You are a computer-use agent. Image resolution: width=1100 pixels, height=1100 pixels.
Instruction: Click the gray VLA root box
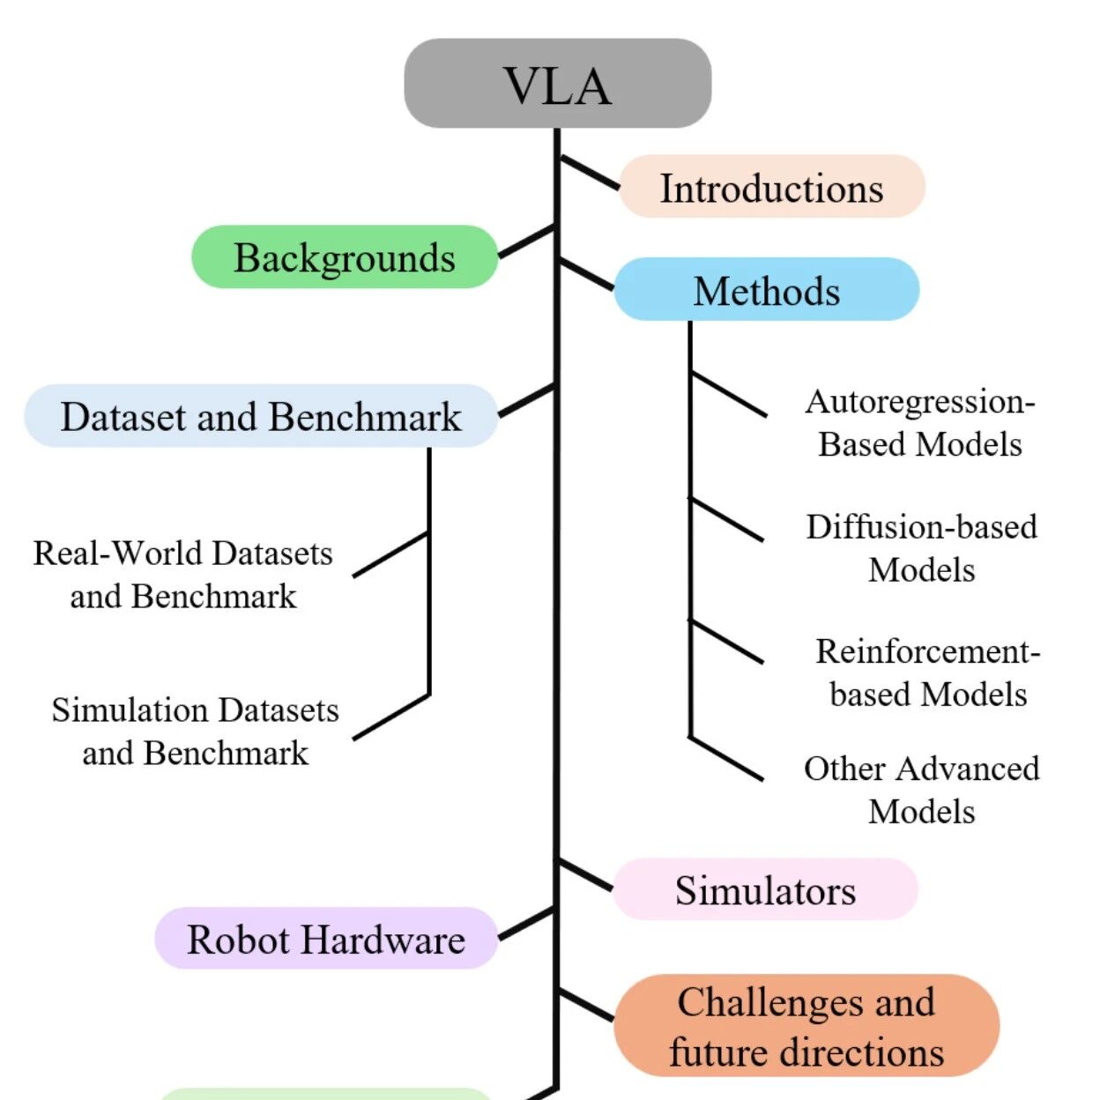coord(558,84)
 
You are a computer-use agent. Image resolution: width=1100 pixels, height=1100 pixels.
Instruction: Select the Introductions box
coord(772,186)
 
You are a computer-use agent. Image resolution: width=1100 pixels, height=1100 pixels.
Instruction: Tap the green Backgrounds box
coord(345,256)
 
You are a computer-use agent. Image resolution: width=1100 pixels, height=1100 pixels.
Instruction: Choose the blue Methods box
coord(767,289)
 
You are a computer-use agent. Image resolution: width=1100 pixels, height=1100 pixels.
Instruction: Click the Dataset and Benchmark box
coord(261,415)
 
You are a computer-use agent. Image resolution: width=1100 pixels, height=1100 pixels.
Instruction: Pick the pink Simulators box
coord(765,888)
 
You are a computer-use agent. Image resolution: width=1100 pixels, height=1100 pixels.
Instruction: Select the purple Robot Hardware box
coord(326,938)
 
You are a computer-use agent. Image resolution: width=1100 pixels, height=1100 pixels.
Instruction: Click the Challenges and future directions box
coord(806,1026)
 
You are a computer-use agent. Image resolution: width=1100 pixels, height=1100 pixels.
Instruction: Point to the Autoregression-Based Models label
coord(920,423)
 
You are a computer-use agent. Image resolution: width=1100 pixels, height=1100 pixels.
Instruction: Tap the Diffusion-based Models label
coord(922,548)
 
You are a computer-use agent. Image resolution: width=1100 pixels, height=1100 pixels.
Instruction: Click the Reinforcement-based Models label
coord(928,673)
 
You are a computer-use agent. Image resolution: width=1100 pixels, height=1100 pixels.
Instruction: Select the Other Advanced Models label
coord(922,791)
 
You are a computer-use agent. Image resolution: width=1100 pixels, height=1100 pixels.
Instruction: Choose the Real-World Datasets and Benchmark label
coord(182,575)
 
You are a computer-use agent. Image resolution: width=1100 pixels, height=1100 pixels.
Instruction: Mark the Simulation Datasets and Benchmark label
coord(195,732)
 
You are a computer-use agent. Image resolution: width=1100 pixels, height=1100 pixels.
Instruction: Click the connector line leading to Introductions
coord(591,172)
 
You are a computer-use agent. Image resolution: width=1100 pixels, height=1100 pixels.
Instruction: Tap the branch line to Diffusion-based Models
coord(726,519)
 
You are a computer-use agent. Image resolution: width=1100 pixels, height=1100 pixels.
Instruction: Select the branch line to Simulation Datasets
coord(391,717)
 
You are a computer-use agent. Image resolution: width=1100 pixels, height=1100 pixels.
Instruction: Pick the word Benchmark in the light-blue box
coord(365,417)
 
